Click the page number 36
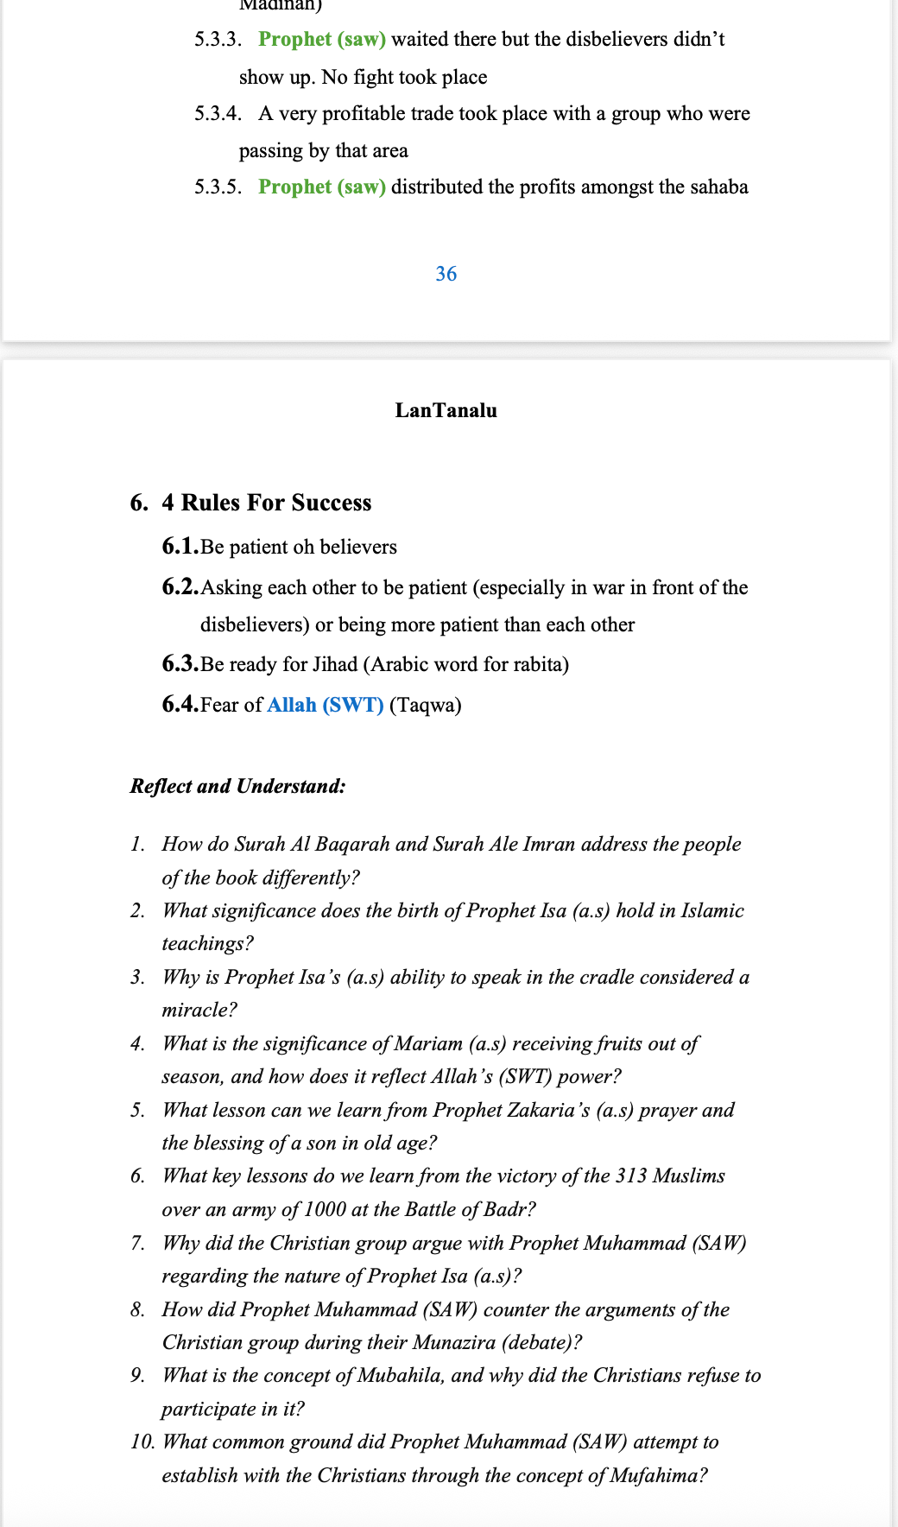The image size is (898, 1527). tap(446, 274)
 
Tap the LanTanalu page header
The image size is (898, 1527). tap(446, 410)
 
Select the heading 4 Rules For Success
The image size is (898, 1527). tap(266, 503)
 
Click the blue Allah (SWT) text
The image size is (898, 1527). tap(325, 705)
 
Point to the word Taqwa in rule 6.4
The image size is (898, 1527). tap(425, 705)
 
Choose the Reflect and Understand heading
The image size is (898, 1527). tap(237, 786)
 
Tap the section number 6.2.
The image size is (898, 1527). tap(180, 587)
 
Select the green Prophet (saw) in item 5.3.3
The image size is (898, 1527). tap(322, 39)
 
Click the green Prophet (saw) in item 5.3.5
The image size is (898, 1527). tap(322, 187)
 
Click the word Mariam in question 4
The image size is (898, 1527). tap(428, 1043)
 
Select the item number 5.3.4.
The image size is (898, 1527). tap(218, 113)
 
